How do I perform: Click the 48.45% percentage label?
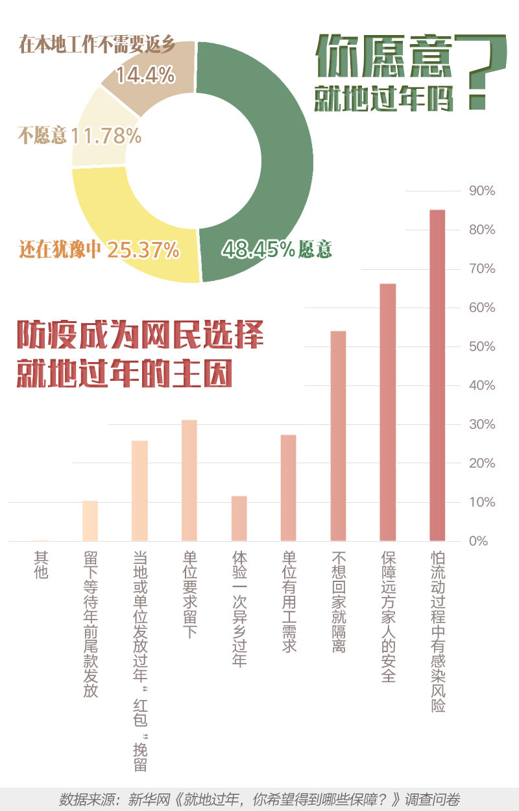coord(258,249)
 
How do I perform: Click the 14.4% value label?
coord(145,76)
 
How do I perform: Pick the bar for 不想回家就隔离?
coord(338,435)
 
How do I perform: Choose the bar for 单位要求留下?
coord(189,480)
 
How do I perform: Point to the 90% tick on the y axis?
coord(482,191)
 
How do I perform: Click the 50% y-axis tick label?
coord(482,346)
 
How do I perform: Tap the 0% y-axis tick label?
coord(478,541)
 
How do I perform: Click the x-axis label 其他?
coord(41,564)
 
